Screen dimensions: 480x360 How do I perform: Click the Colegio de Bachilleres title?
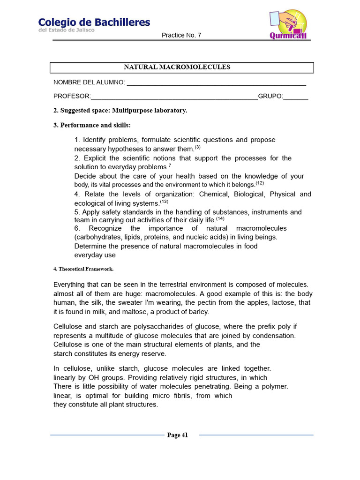tap(94, 22)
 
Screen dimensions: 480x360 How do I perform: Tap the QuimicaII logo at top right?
tap(288, 24)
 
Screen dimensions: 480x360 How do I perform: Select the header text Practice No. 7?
tap(181, 36)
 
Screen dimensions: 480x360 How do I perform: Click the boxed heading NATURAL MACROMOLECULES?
tap(177, 67)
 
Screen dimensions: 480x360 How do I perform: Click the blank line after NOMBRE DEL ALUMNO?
tap(216, 83)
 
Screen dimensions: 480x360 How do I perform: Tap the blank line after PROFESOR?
tap(174, 97)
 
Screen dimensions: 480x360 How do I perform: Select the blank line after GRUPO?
tap(296, 97)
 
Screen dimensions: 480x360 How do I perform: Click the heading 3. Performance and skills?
tap(92, 125)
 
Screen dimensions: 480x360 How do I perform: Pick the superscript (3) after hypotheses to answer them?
tap(197, 147)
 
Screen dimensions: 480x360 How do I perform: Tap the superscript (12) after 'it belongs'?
tap(260, 183)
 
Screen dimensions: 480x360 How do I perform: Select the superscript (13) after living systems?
tap(164, 202)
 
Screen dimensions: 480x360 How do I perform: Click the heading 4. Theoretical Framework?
tap(83, 269)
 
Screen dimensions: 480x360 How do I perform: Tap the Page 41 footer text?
tap(178, 435)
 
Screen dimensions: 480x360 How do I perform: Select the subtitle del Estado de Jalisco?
tap(66, 30)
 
